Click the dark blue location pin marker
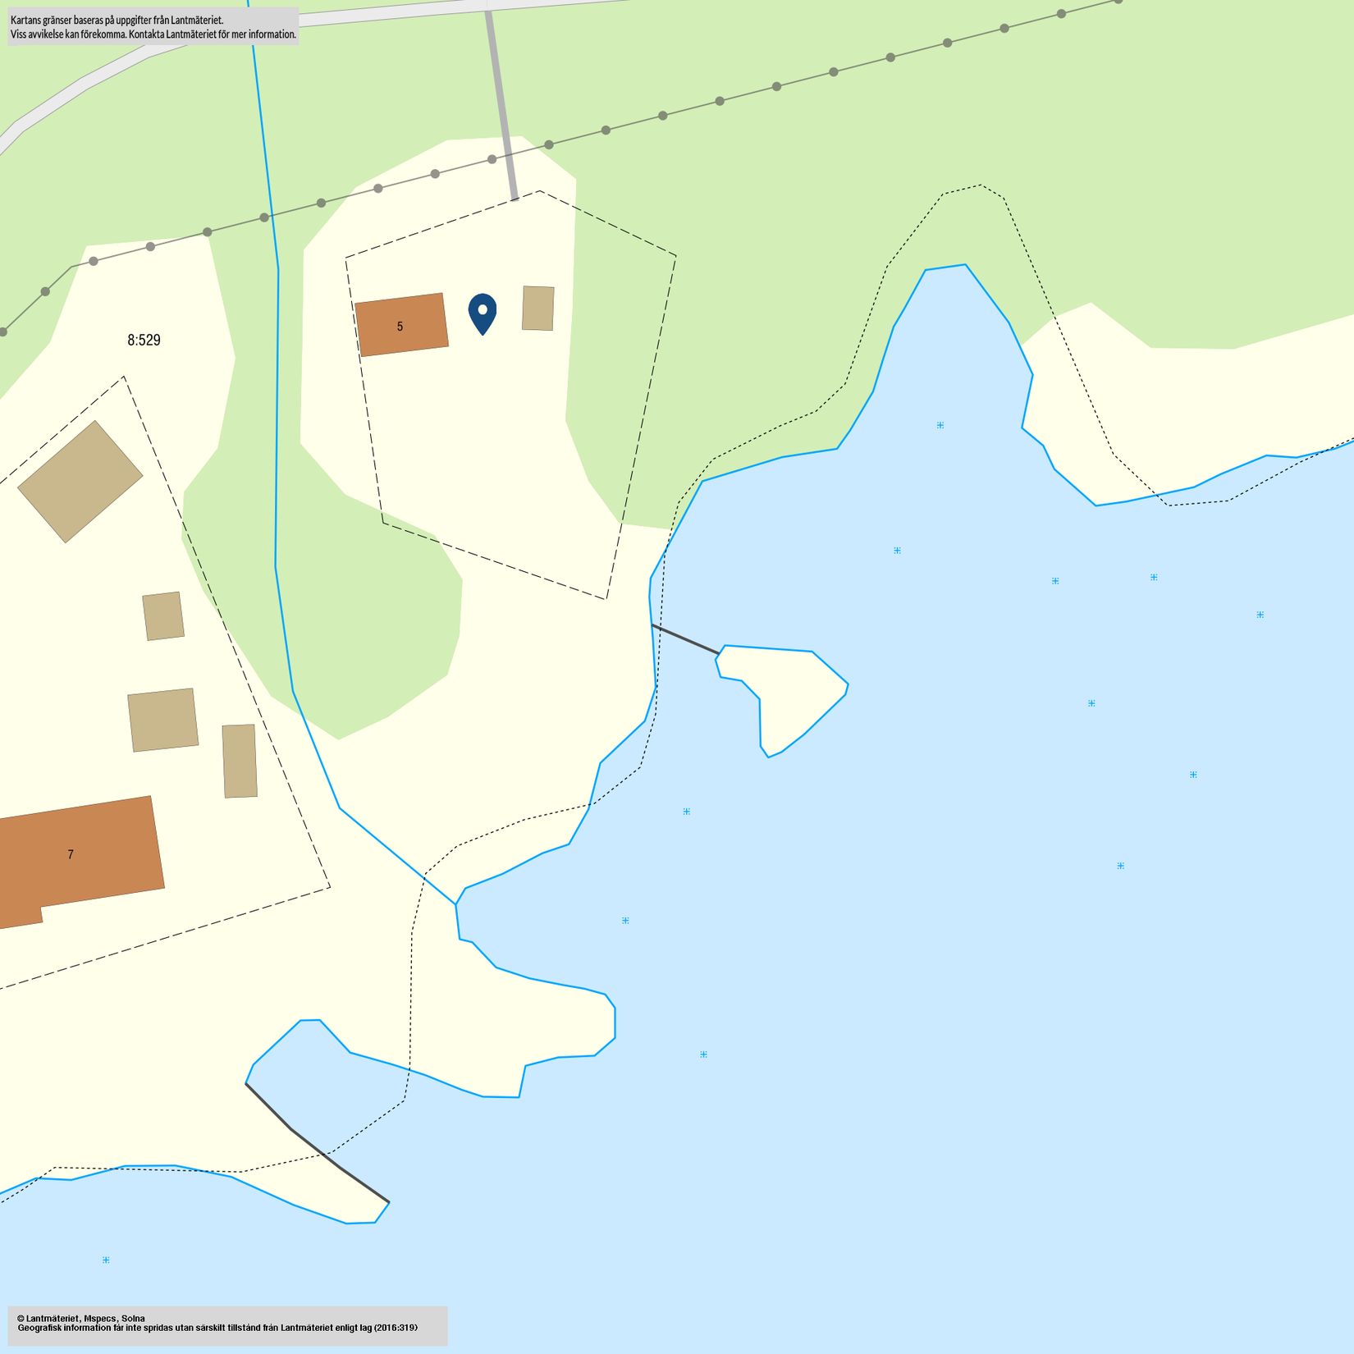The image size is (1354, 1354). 483,312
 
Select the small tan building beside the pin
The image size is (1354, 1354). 537,309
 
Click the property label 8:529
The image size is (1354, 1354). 144,340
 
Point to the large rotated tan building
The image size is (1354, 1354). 80,482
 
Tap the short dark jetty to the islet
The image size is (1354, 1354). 685,638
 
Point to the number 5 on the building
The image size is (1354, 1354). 400,327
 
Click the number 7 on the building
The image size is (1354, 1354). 71,855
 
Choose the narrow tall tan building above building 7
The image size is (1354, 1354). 240,761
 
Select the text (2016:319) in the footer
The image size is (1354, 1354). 396,1327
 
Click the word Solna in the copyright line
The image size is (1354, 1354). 133,1318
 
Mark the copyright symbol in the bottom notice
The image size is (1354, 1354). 21,1318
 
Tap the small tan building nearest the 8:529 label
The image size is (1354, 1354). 163,615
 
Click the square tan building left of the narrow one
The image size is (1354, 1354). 162,720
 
